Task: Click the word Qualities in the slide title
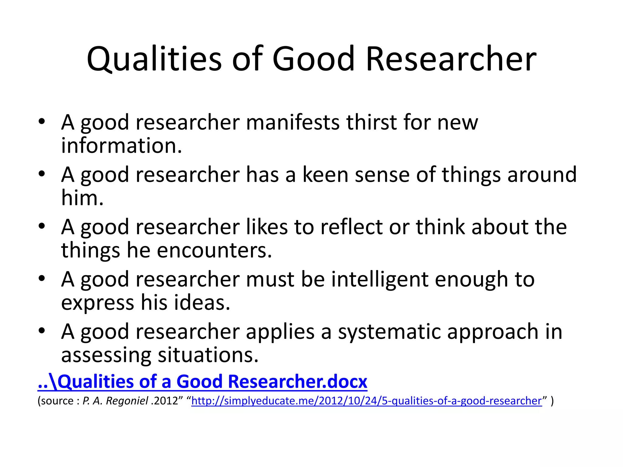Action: [154, 59]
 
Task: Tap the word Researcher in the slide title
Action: [451, 59]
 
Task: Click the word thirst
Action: [371, 123]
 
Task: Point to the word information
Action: [121, 146]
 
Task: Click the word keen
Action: [325, 175]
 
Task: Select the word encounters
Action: [214, 251]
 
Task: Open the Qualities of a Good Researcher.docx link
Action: [202, 382]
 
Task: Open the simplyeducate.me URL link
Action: [367, 401]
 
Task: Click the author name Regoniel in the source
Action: [127, 401]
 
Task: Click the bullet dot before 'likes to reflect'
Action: [42, 227]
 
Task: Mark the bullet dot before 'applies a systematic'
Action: [42, 331]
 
